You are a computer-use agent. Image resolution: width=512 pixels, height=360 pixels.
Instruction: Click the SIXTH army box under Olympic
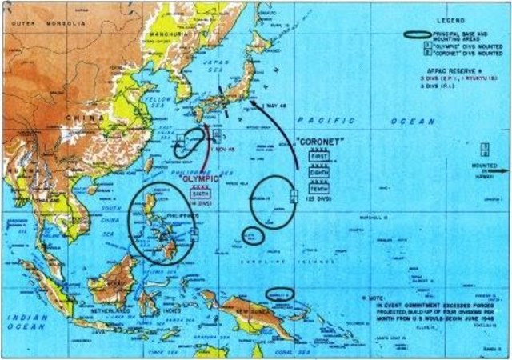point(201,193)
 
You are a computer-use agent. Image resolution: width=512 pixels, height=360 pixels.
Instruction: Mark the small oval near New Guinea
point(280,294)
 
